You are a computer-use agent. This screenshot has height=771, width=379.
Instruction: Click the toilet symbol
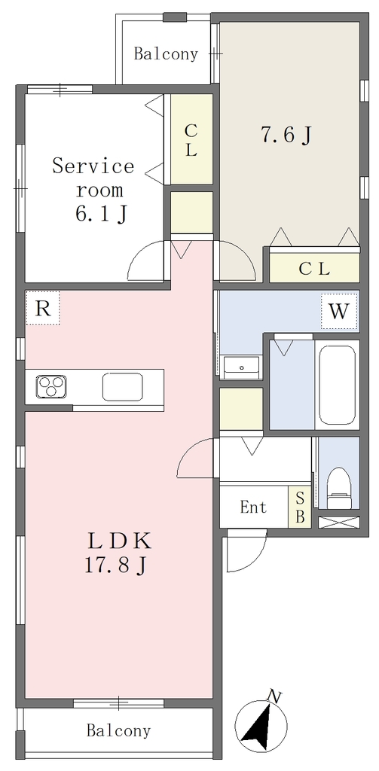pyautogui.click(x=338, y=487)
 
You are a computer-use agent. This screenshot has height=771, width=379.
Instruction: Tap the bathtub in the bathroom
pyautogui.click(x=337, y=385)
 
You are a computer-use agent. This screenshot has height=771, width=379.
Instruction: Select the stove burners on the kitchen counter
pyautogui.click(x=50, y=385)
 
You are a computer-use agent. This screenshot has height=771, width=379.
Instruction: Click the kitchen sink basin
pyautogui.click(x=123, y=387)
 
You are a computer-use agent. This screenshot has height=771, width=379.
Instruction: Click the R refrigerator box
pyautogui.click(x=43, y=308)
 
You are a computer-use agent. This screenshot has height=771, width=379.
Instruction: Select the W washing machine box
pyautogui.click(x=339, y=311)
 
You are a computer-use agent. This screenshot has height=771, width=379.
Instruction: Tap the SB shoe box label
pyautogui.click(x=300, y=507)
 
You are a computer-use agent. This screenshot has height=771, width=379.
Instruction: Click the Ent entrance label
pyautogui.click(x=253, y=507)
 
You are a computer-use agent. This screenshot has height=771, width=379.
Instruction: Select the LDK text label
pyautogui.click(x=118, y=541)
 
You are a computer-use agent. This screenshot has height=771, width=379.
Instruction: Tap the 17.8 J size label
pyautogui.click(x=115, y=565)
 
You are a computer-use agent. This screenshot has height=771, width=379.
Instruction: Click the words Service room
pyautogui.click(x=93, y=177)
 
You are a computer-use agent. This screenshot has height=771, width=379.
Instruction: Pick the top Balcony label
pyautogui.click(x=166, y=54)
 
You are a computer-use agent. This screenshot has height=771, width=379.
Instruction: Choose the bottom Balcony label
pyautogui.click(x=118, y=730)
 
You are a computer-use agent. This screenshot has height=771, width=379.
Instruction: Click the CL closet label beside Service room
pyautogui.click(x=191, y=140)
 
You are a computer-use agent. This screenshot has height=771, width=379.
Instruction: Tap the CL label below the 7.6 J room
pyautogui.click(x=314, y=269)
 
